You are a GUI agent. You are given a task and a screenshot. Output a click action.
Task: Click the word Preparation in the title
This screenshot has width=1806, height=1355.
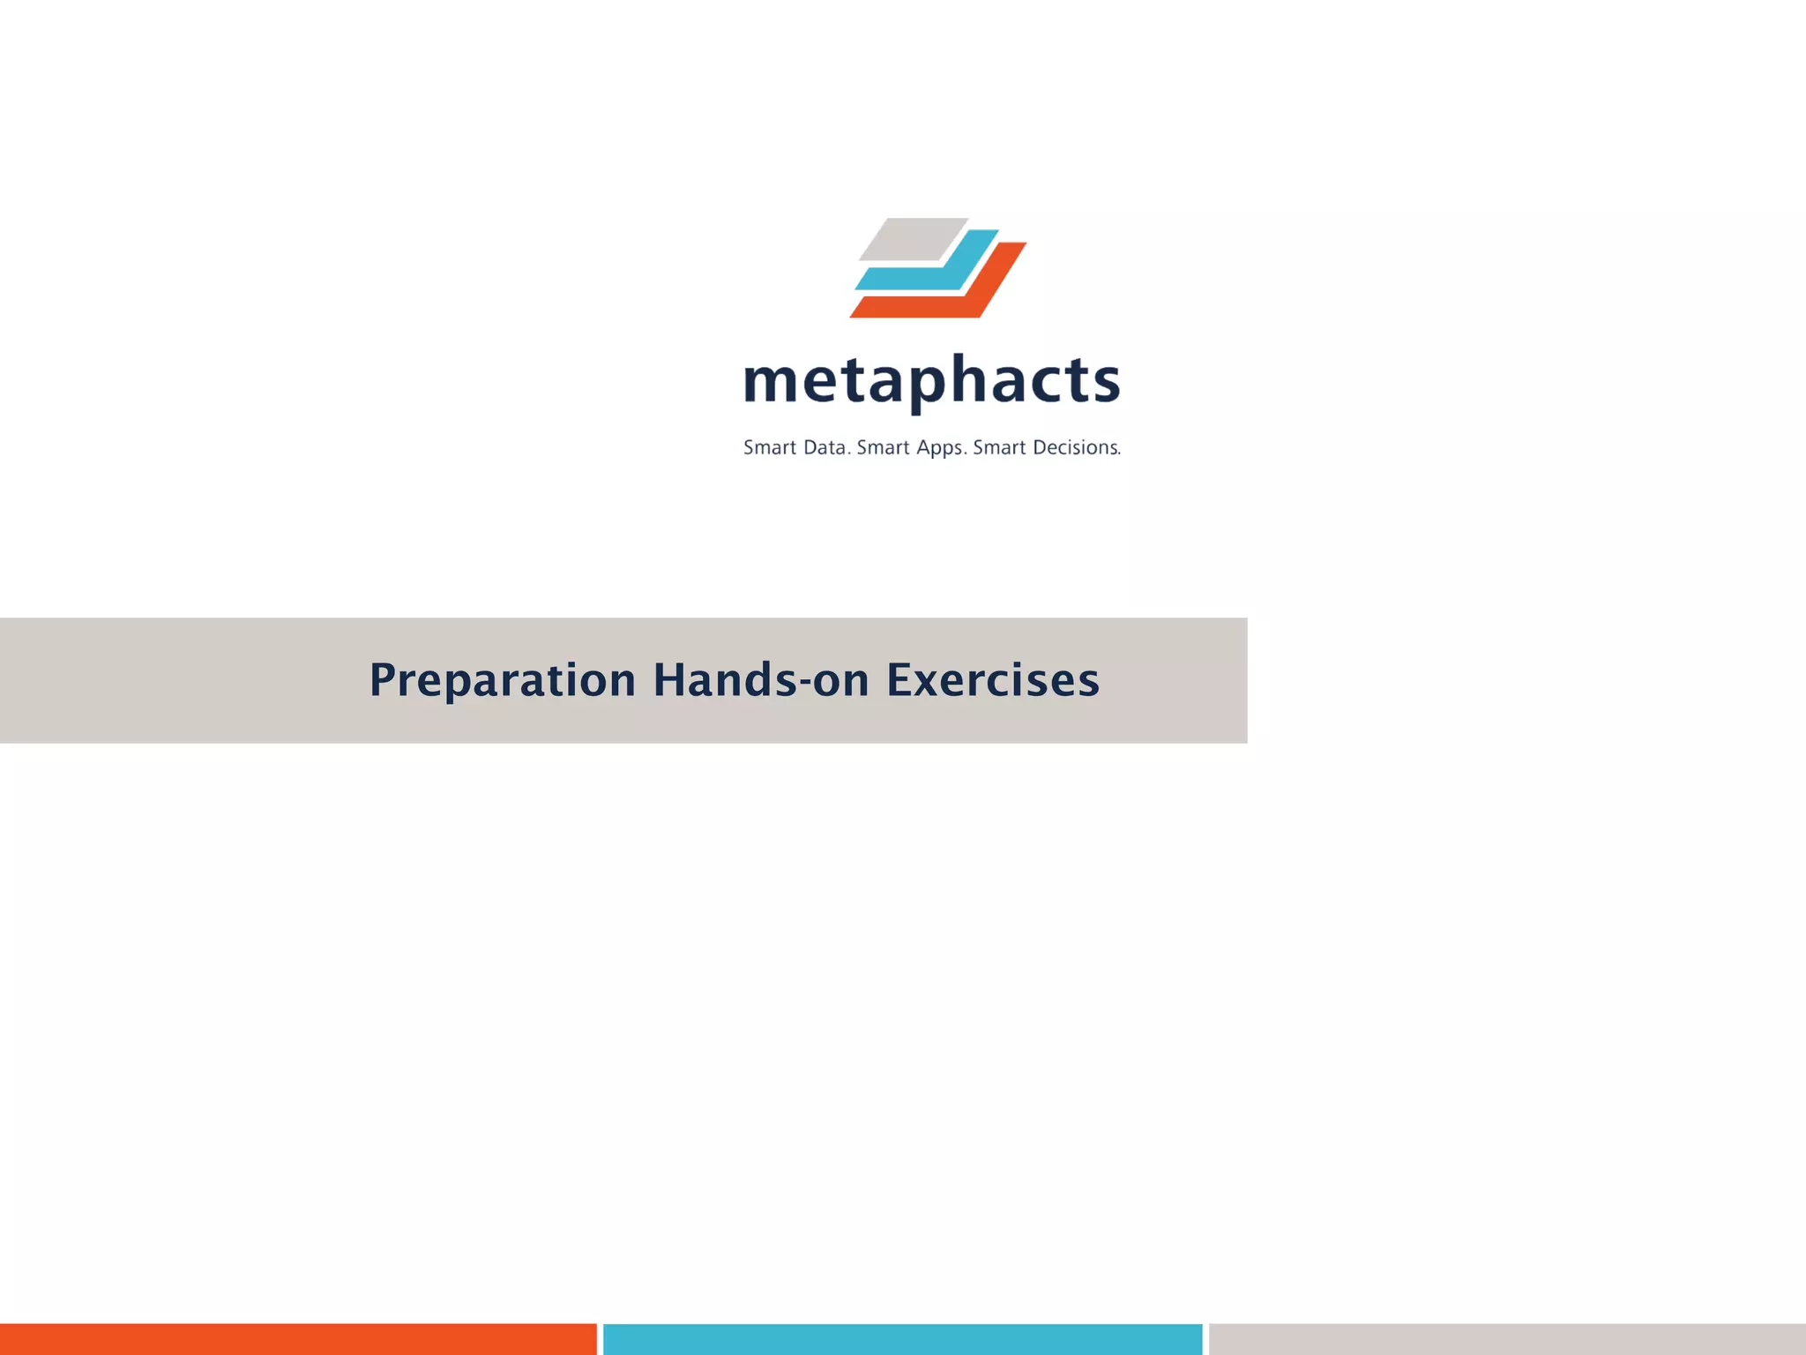coord(502,680)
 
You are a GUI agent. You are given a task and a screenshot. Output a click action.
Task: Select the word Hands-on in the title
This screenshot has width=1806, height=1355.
coord(761,680)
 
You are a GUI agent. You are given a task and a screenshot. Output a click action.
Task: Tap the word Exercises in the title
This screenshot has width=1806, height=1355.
coord(993,680)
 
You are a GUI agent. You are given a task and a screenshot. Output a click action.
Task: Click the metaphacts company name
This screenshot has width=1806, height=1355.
coord(932,382)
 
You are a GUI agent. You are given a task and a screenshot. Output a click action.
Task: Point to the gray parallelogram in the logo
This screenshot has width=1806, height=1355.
coord(912,239)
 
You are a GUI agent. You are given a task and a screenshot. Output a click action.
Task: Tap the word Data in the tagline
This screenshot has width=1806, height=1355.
coord(825,448)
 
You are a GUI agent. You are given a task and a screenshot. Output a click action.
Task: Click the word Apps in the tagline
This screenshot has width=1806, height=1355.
coord(941,448)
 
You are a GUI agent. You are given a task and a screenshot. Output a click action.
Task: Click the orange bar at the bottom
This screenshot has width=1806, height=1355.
coord(298,1339)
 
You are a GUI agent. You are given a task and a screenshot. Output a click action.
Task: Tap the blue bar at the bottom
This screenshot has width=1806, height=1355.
coord(902,1339)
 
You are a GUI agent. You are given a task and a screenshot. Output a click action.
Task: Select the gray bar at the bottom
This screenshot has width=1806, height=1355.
coord(1507,1339)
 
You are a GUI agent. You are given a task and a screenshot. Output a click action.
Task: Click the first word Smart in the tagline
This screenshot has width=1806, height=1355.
coord(770,448)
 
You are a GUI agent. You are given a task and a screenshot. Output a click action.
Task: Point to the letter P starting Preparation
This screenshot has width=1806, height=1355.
coord(382,680)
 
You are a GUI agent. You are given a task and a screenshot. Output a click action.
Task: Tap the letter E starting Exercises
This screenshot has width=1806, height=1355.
coord(899,680)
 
